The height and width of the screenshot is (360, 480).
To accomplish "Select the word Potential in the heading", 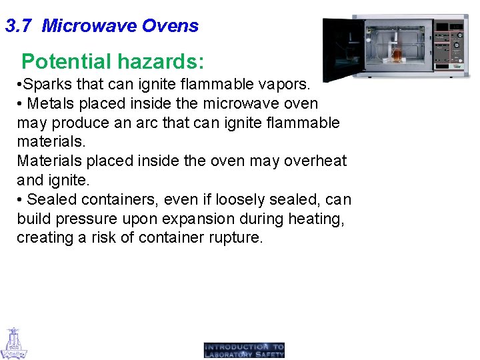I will point(66,62).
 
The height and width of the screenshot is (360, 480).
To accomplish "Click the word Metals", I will point(52,104).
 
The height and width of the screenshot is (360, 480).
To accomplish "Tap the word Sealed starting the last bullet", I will point(52,199).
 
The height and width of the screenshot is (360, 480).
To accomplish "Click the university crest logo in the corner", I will point(13,343).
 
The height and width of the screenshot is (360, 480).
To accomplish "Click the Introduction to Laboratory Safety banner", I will point(244,351).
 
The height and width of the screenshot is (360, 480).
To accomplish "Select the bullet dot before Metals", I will point(21,104).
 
